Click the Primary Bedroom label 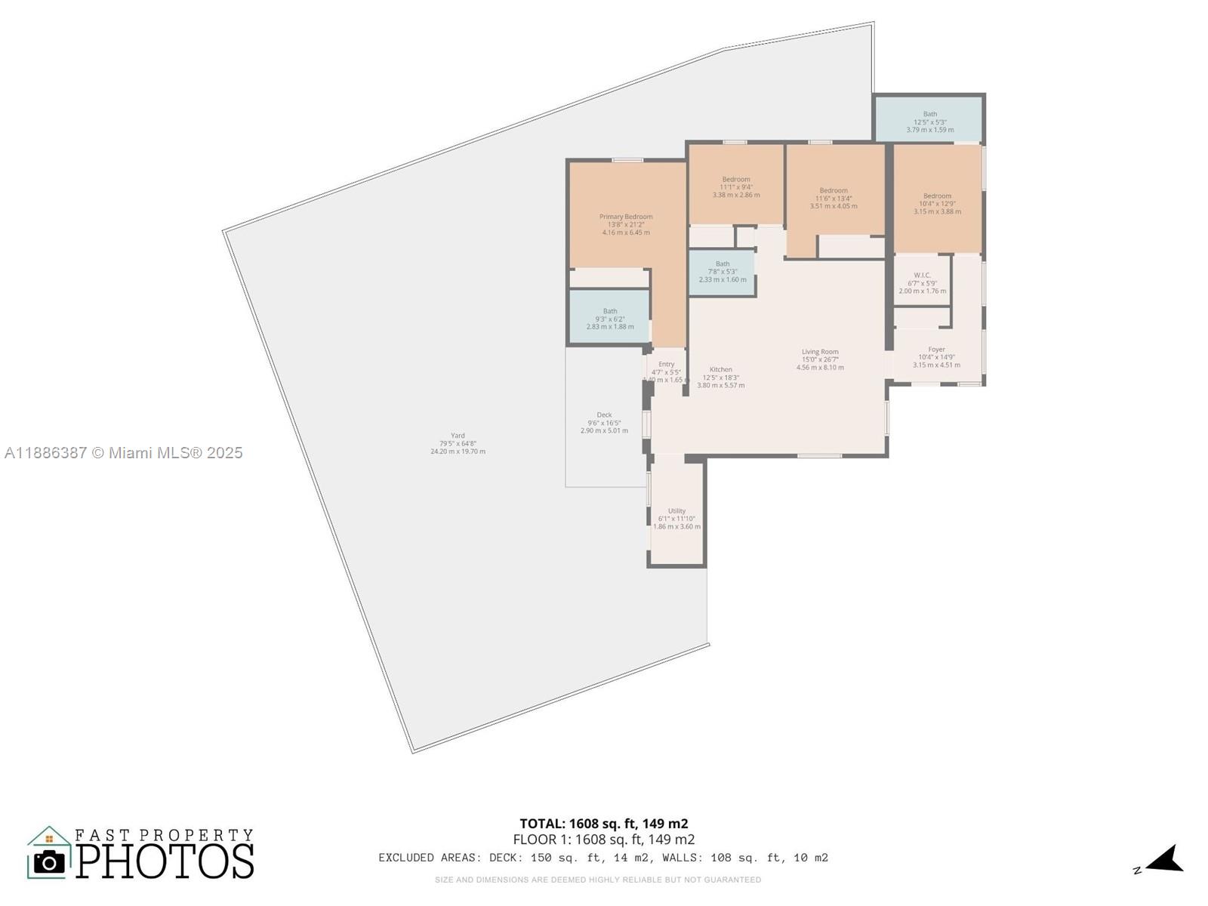point(626,217)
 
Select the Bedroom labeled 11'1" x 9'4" point(736,180)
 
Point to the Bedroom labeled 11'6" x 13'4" point(834,191)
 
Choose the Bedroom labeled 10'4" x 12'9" point(937,196)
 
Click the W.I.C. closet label point(922,276)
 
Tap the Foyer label point(936,350)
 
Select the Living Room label point(820,352)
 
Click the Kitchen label point(720,370)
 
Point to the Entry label point(666,365)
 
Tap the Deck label point(604,415)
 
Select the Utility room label point(676,511)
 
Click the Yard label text point(458,436)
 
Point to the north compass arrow point(1166,860)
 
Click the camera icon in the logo point(49,862)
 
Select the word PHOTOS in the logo point(165,861)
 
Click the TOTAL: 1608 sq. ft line point(603,824)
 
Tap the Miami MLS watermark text point(123,452)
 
